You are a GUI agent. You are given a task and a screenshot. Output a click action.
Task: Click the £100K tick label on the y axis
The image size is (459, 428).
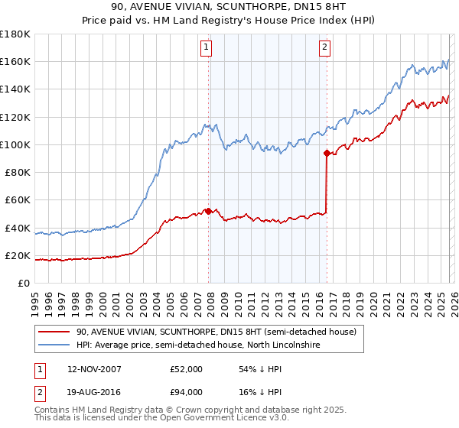click(x=15, y=144)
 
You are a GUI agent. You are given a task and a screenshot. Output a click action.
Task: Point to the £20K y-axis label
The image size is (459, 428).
click(x=18, y=256)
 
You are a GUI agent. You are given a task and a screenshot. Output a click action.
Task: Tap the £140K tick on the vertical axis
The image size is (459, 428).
click(x=15, y=89)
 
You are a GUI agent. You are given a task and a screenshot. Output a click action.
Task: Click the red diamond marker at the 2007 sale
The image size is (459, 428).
click(x=208, y=211)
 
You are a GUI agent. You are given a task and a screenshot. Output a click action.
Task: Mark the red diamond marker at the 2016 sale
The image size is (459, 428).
click(x=327, y=153)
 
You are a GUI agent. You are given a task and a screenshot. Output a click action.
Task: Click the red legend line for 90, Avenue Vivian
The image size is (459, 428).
click(x=54, y=332)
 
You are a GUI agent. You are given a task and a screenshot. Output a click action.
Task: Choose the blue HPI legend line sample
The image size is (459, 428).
click(x=54, y=345)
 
